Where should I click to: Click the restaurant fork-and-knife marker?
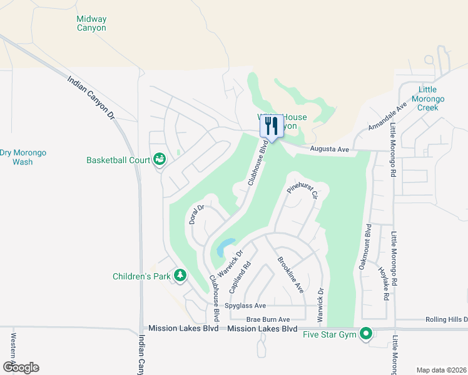(x=271, y=126)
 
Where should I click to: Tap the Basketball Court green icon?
(x=160, y=159)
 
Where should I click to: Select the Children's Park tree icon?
(x=180, y=275)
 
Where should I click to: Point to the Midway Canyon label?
(x=91, y=24)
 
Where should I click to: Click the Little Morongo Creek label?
(x=431, y=99)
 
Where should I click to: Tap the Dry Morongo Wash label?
(x=23, y=157)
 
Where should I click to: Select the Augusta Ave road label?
(x=330, y=149)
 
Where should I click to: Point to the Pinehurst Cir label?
(x=303, y=187)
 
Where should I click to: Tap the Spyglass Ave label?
(x=247, y=306)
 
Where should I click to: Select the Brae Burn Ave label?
(x=268, y=319)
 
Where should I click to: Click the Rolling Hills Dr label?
(x=446, y=319)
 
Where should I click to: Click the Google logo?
(x=21, y=367)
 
